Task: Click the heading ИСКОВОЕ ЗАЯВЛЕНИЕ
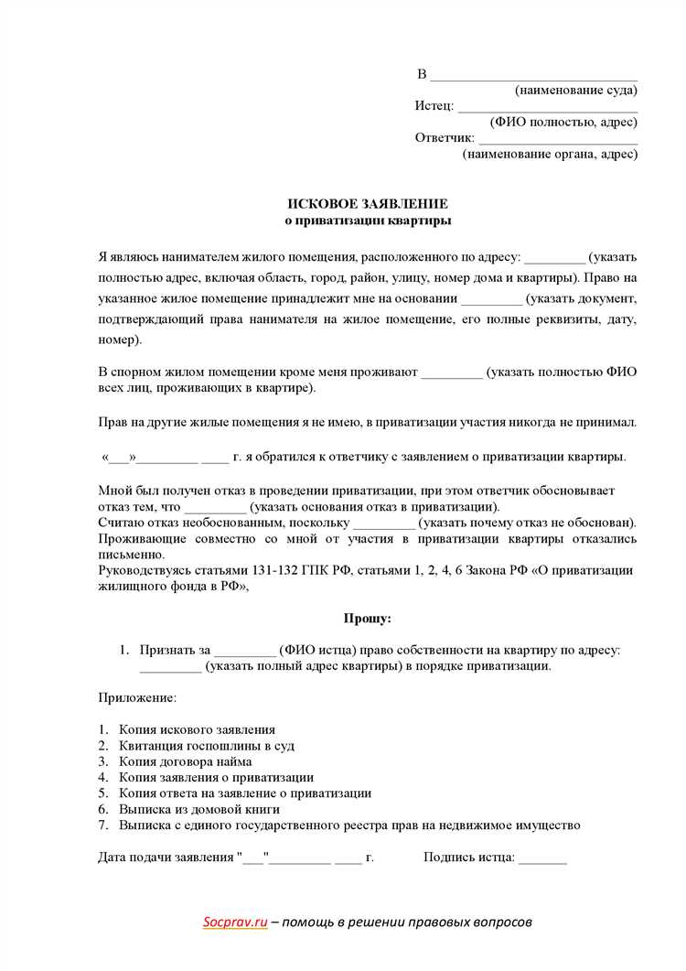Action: click(x=368, y=203)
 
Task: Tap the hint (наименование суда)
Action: click(x=575, y=90)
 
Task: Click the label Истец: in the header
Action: click(x=434, y=106)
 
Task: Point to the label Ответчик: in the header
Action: click(x=445, y=138)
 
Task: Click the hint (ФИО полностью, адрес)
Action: click(x=563, y=122)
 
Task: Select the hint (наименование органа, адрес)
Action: click(x=550, y=154)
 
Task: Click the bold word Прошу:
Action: click(x=367, y=619)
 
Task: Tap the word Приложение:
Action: click(x=137, y=697)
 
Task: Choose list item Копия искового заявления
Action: click(x=197, y=729)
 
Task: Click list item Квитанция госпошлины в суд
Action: click(x=206, y=745)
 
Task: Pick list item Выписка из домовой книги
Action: click(x=198, y=809)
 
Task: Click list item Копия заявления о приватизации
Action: click(x=216, y=777)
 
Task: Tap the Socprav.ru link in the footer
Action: click(x=235, y=922)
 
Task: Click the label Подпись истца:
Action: click(x=469, y=858)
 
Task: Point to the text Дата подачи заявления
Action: click(x=165, y=858)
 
